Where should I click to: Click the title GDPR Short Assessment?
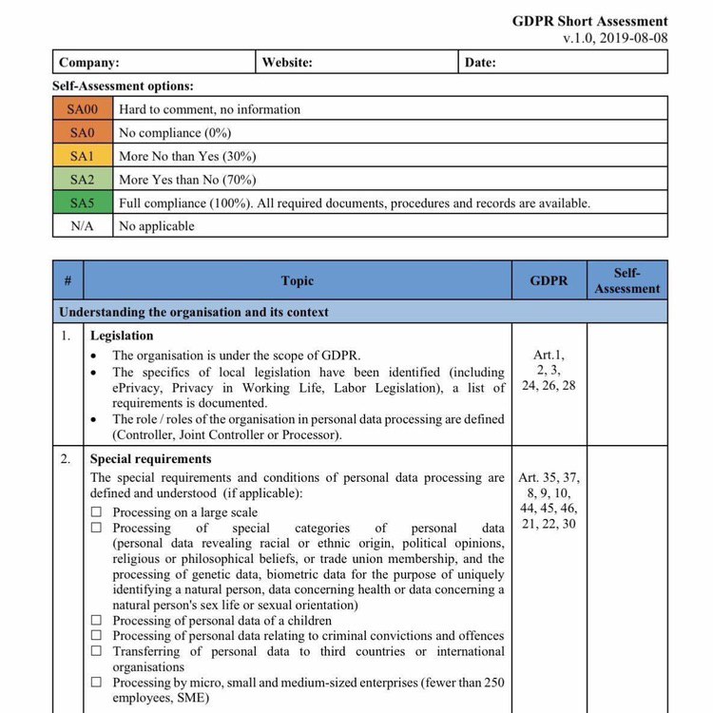[x=589, y=21]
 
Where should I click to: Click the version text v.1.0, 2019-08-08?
[x=614, y=38]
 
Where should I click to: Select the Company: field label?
[x=89, y=63]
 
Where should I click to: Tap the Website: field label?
[x=287, y=63]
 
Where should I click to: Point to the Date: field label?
[x=480, y=63]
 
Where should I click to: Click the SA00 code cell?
[x=83, y=109]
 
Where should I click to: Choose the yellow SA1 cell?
[x=83, y=156]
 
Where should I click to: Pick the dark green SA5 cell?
[x=83, y=202]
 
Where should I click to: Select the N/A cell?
[x=83, y=226]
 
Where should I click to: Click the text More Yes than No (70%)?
[x=187, y=180]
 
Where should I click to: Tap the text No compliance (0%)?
[x=175, y=133]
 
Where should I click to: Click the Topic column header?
[x=298, y=281]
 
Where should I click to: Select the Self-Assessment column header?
[x=627, y=280]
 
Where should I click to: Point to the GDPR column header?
[x=549, y=281]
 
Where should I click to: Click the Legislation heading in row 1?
[x=122, y=336]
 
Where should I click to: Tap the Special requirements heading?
[x=151, y=459]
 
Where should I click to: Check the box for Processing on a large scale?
[x=96, y=512]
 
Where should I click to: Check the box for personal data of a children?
[x=96, y=621]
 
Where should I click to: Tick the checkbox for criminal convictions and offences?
[x=96, y=636]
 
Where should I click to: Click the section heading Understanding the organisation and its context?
[x=194, y=312]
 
